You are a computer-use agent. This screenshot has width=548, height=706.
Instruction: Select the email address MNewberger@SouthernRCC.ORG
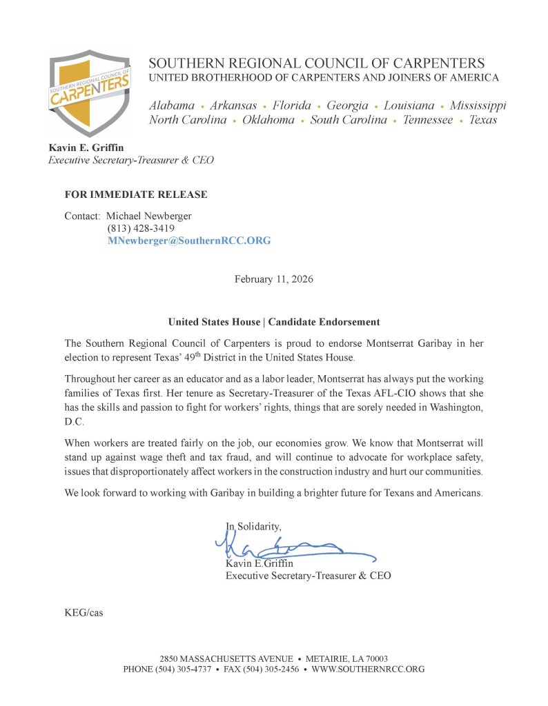(x=189, y=241)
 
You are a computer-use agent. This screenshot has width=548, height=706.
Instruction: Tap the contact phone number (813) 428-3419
(x=141, y=228)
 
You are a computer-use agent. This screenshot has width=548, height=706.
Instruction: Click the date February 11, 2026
(x=274, y=279)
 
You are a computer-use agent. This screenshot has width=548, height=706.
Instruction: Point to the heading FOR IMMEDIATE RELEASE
(x=136, y=194)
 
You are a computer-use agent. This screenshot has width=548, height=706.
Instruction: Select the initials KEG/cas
(x=84, y=612)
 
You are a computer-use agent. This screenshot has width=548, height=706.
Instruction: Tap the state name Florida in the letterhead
(x=291, y=105)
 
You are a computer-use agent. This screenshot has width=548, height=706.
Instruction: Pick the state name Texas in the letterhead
(x=483, y=120)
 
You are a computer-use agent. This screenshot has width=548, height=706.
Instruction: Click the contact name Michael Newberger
(x=149, y=216)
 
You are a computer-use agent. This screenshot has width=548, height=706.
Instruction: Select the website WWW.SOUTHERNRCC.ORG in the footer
(x=368, y=669)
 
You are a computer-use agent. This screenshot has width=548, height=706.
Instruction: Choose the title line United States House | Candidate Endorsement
(x=274, y=322)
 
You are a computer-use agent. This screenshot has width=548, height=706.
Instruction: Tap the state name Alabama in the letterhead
(x=172, y=105)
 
